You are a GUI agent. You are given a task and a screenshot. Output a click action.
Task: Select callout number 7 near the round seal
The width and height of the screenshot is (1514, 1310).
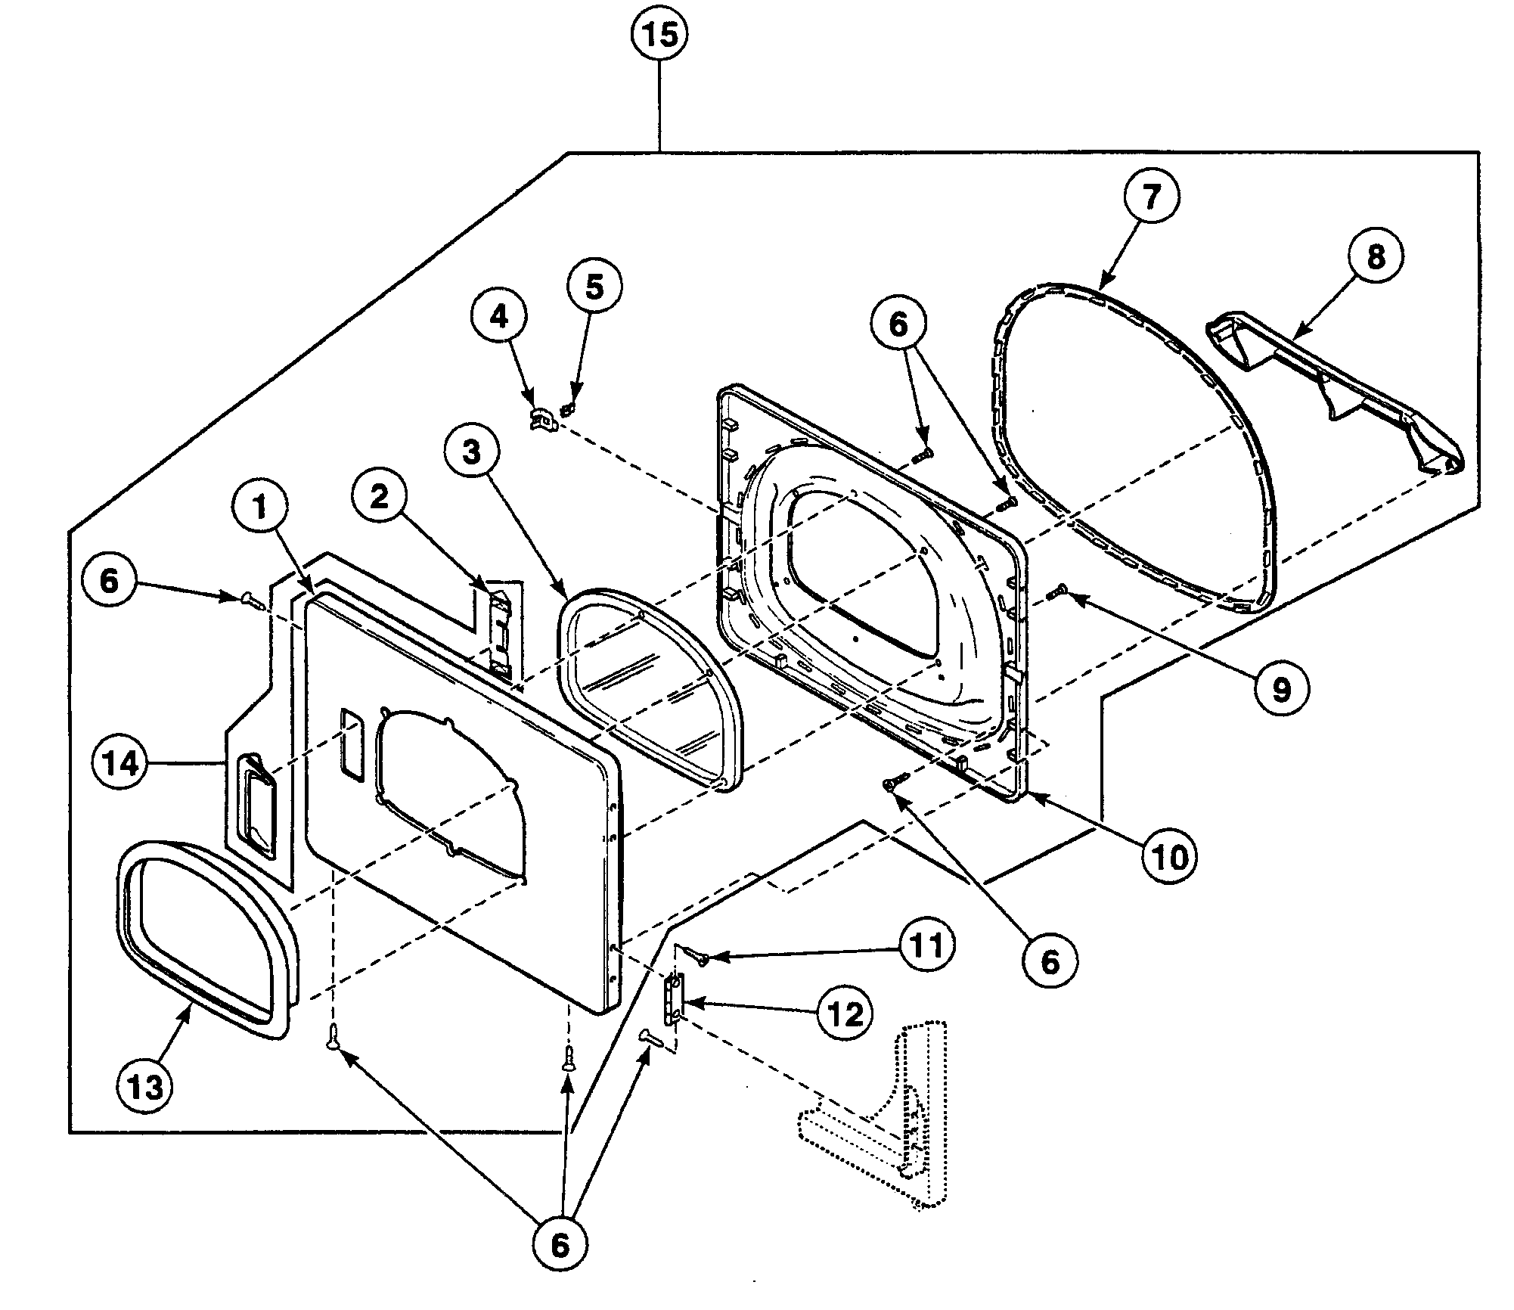1150,196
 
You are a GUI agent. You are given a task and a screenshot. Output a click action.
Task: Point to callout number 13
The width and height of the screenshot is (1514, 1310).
144,1087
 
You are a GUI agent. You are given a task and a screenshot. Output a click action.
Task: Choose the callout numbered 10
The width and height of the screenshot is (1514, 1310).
1169,858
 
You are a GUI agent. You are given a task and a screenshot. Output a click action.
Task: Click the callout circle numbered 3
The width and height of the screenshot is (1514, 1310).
471,452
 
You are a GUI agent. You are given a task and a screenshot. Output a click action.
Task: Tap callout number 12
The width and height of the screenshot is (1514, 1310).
844,1014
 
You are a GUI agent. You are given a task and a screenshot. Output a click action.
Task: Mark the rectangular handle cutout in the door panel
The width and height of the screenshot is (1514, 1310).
352,742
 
